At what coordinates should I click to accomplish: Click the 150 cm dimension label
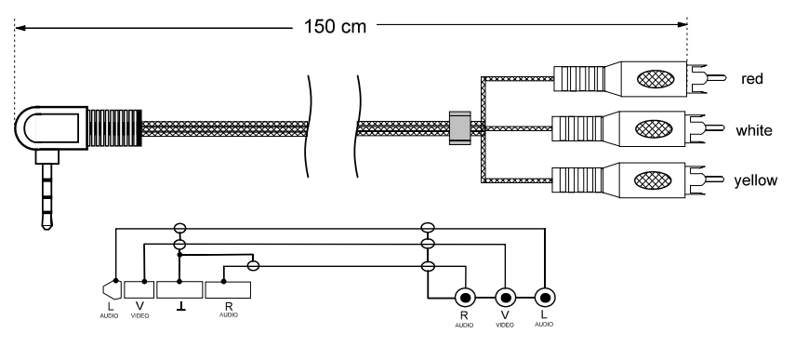click(x=335, y=26)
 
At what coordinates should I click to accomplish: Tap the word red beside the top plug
click(x=751, y=79)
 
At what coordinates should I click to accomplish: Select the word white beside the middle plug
click(x=754, y=130)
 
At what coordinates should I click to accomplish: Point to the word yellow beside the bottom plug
click(x=755, y=180)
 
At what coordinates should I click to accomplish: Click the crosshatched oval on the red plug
click(x=656, y=79)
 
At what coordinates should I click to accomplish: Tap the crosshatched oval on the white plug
click(x=654, y=128)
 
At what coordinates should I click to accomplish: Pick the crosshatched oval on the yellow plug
click(x=653, y=180)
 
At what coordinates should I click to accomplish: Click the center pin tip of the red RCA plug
click(x=724, y=78)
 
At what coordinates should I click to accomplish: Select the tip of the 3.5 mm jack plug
click(x=46, y=226)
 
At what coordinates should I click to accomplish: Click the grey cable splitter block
click(x=460, y=128)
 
